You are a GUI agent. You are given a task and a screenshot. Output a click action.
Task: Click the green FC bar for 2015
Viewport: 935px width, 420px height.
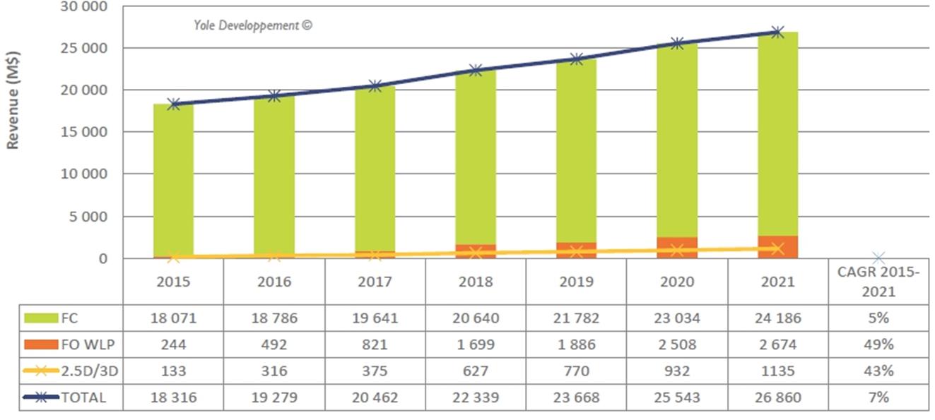click(x=174, y=180)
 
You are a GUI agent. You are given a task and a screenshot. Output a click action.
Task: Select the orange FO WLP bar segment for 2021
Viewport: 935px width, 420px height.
click(x=778, y=247)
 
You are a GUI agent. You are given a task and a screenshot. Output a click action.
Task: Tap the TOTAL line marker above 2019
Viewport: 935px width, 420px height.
click(x=577, y=59)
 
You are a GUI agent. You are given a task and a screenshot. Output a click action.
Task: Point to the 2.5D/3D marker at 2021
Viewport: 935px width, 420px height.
click(x=777, y=249)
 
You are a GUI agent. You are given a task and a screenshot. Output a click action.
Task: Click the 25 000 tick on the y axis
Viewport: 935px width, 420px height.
click(x=84, y=49)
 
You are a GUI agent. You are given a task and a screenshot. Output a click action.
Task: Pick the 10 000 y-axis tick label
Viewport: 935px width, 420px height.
click(x=84, y=174)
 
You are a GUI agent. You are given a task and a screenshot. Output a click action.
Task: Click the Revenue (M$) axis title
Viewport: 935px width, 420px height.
click(x=13, y=100)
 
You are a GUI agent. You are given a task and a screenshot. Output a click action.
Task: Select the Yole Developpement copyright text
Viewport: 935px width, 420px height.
click(x=253, y=25)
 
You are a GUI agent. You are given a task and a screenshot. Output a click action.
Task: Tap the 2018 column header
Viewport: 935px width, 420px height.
click(x=476, y=282)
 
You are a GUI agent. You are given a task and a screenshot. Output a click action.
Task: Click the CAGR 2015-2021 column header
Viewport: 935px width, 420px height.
click(x=878, y=282)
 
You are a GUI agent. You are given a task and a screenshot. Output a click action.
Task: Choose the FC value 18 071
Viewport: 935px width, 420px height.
click(x=173, y=318)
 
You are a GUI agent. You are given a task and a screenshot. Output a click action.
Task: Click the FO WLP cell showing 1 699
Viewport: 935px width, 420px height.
click(x=476, y=344)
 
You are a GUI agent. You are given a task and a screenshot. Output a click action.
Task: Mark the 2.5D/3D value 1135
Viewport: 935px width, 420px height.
click(x=778, y=371)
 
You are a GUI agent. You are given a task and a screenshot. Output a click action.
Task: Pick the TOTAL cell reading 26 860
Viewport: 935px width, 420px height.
click(x=778, y=397)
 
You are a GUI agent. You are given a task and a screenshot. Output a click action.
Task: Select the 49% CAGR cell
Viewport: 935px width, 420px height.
click(x=878, y=344)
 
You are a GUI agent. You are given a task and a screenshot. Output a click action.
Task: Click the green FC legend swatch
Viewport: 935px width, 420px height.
click(x=41, y=318)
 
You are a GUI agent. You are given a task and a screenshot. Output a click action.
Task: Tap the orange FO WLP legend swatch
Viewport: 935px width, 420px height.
click(x=41, y=344)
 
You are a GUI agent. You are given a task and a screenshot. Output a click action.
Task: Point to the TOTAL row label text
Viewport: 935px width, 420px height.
click(x=83, y=397)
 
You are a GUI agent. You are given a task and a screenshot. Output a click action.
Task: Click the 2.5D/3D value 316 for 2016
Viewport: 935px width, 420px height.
click(x=274, y=371)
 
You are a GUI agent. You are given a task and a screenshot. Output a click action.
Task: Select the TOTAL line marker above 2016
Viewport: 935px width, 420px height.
click(x=274, y=96)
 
